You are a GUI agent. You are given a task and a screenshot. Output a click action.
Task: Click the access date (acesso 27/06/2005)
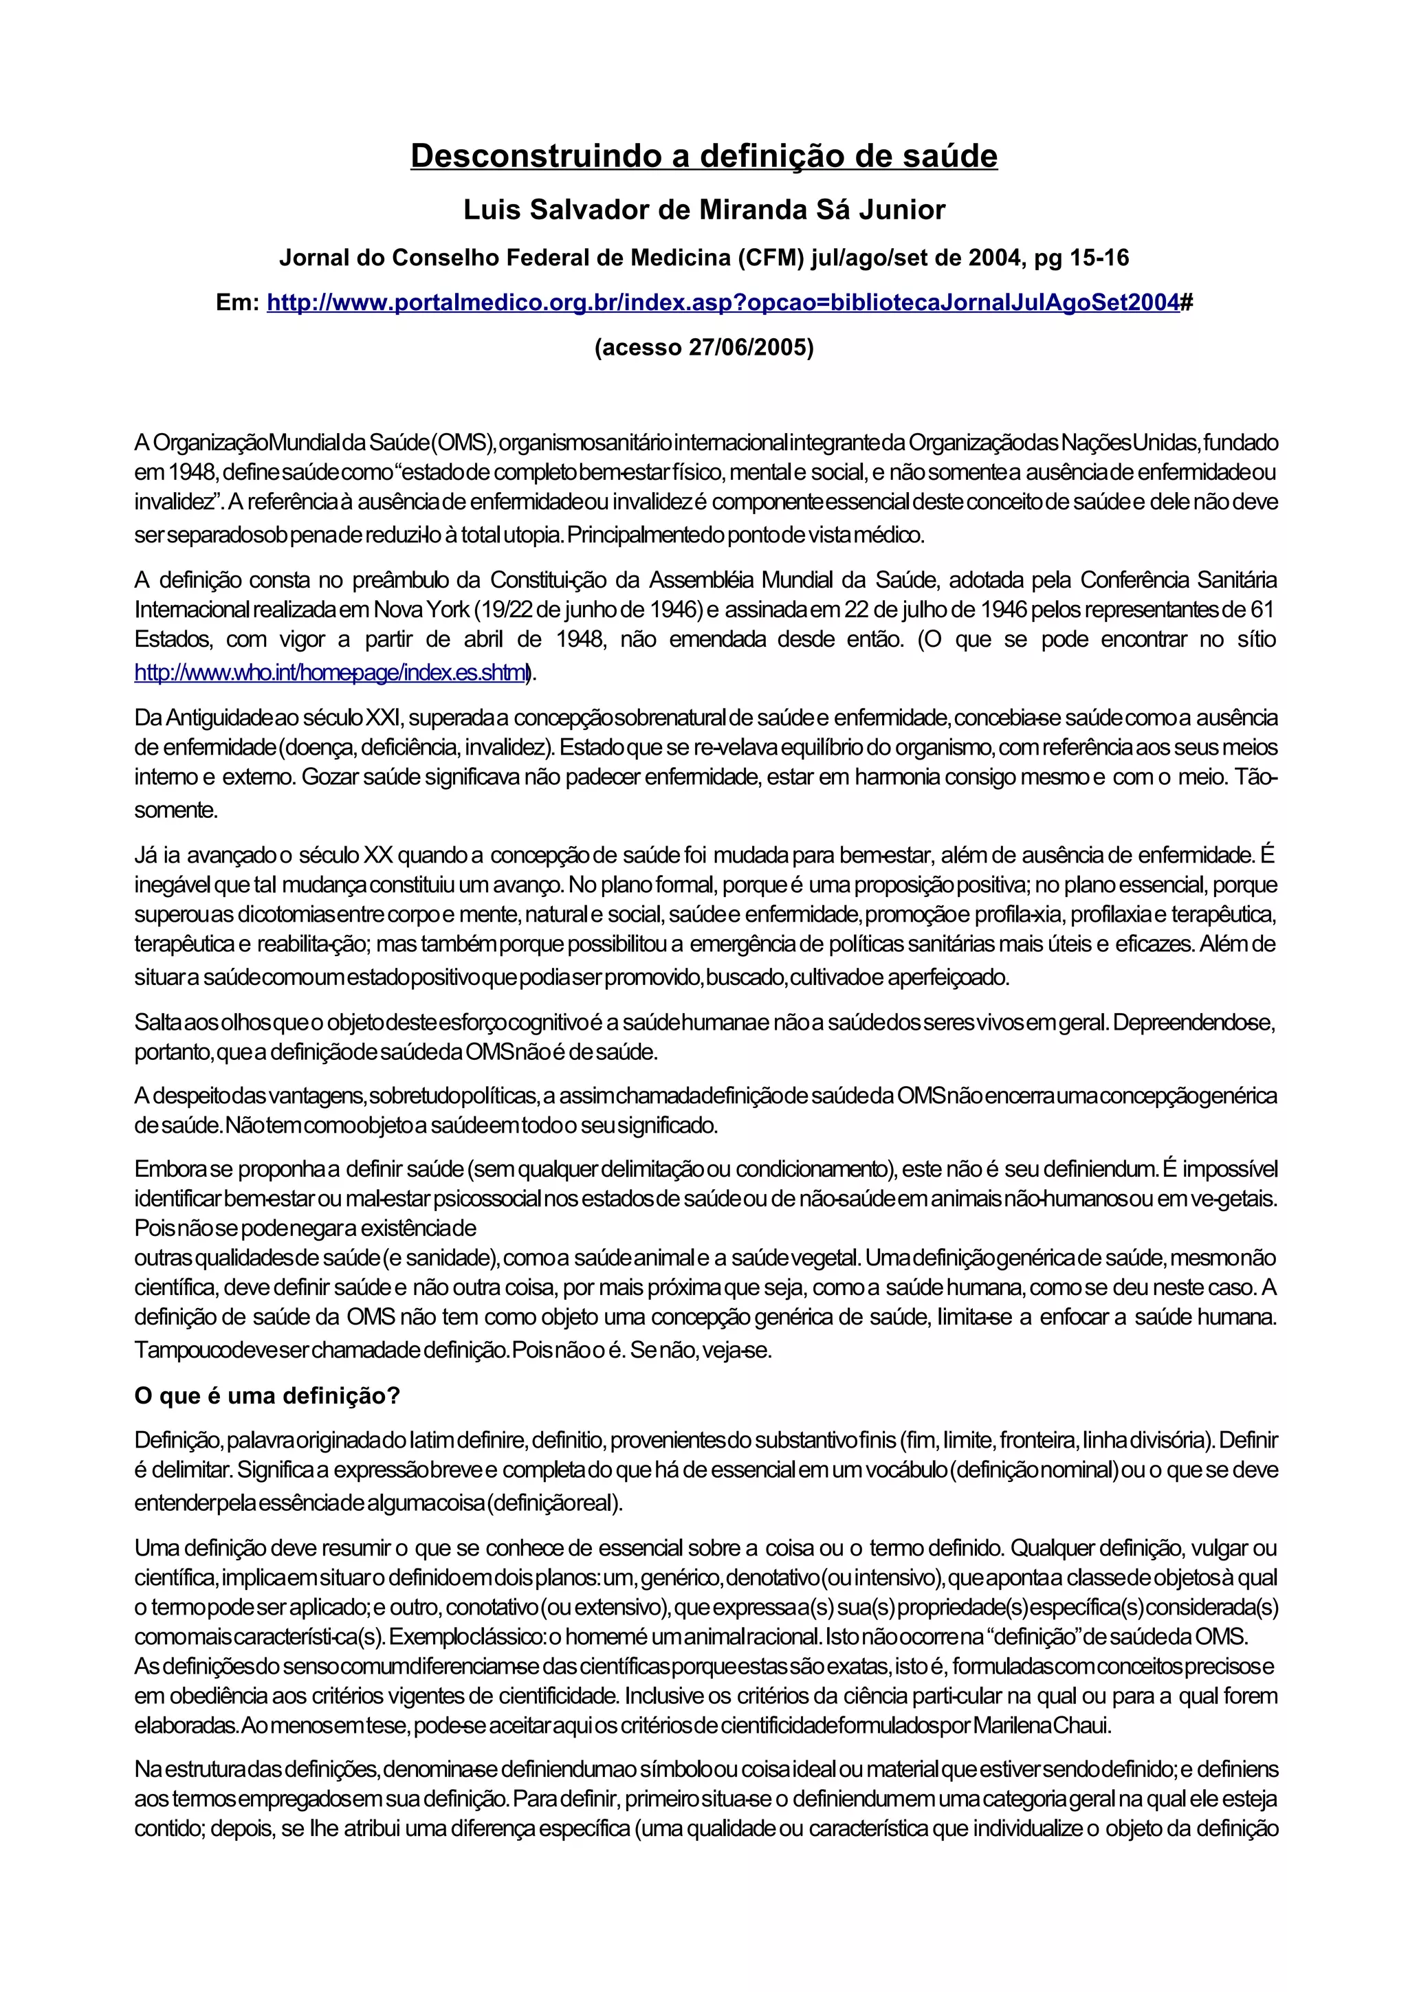[x=703, y=348]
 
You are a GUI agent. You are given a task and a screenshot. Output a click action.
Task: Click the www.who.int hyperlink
[x=331, y=672]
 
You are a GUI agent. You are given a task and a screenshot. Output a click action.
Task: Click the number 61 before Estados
[x=1262, y=610]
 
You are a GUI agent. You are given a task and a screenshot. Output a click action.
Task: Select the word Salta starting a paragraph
[x=157, y=1023]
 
